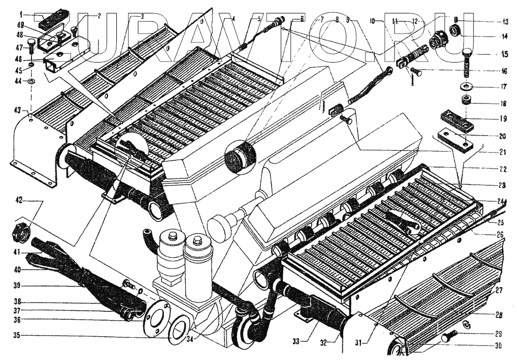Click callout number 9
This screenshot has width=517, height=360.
pos(348,20)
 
